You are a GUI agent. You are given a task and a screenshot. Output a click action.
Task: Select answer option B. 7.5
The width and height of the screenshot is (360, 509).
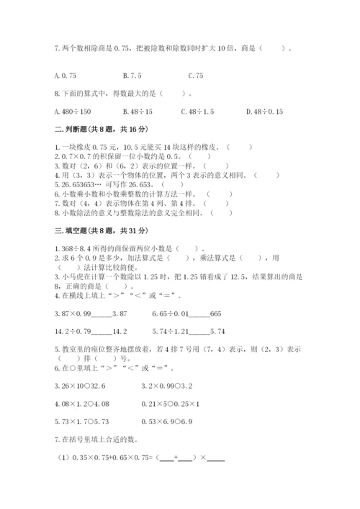point(132,75)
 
